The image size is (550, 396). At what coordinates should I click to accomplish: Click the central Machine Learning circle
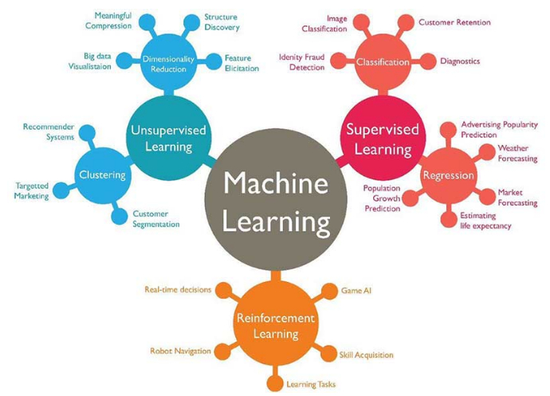275,202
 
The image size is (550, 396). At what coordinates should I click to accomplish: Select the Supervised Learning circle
378,138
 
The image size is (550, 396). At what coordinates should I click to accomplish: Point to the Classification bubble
383,62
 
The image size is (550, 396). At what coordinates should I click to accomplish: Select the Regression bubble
448,175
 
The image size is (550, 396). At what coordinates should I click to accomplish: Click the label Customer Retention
454,23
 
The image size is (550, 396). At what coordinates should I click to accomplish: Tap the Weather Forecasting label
517,153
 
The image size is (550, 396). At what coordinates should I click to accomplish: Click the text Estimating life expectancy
485,221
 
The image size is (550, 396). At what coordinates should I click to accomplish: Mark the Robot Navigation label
180,351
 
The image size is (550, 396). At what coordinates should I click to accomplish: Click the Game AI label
356,291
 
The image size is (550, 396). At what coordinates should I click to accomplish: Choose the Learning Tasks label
312,385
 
